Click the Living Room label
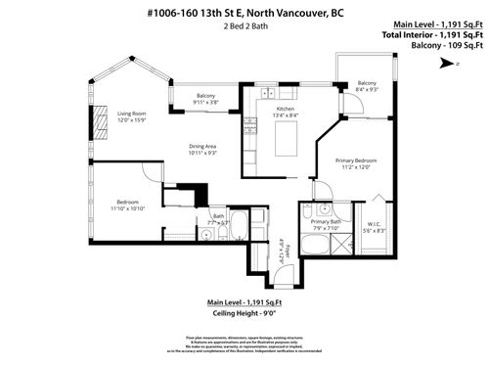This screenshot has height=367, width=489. [x=132, y=114]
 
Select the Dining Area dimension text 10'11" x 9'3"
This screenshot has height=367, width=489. [x=203, y=150]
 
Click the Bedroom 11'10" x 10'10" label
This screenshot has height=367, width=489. [x=128, y=206]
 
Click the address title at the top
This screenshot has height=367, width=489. [x=244, y=14]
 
